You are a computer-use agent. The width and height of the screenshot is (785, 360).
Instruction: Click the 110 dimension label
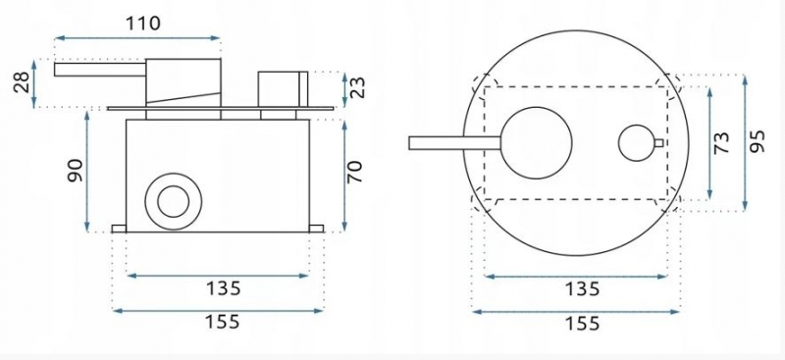[142, 23]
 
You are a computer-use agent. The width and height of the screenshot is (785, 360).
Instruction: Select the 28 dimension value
[22, 82]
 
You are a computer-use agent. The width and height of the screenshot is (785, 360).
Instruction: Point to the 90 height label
[76, 171]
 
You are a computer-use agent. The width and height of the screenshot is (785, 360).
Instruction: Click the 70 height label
[354, 172]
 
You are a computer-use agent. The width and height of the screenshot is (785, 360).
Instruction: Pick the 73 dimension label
[721, 142]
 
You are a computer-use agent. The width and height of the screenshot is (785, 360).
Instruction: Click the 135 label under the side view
[223, 288]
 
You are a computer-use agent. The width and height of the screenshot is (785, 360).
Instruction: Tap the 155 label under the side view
[223, 322]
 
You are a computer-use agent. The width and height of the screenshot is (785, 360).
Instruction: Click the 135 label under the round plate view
[582, 289]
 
